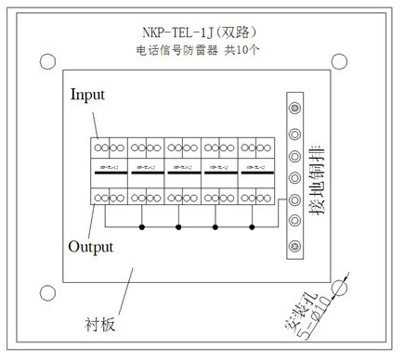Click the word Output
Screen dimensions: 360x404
pyautogui.click(x=91, y=247)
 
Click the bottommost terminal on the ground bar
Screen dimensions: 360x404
pyautogui.click(x=294, y=245)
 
